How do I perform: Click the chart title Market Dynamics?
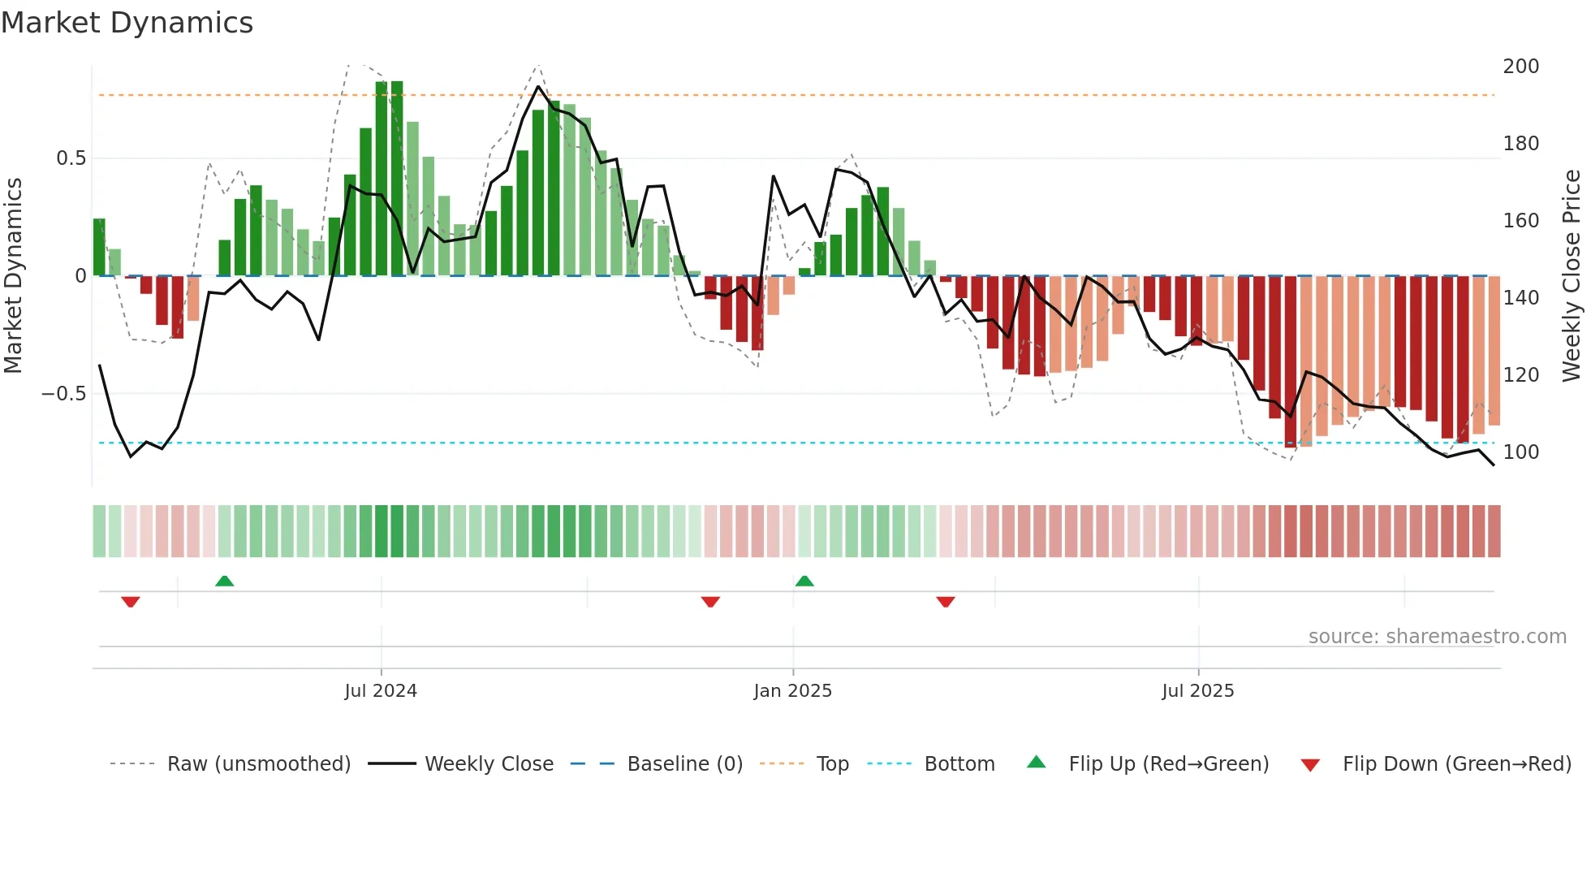click(x=127, y=23)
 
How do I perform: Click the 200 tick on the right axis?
click(x=1520, y=67)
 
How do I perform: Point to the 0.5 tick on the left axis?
click(x=71, y=158)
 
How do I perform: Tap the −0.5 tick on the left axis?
click(x=64, y=394)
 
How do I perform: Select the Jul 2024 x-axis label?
click(x=380, y=691)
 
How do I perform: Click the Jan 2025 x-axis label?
click(x=792, y=691)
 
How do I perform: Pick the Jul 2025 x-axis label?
click(x=1197, y=691)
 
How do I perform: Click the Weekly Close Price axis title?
click(x=1572, y=275)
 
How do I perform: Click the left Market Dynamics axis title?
click(x=13, y=275)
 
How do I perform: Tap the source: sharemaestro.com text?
click(x=1437, y=637)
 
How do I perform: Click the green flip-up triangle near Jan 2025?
click(x=804, y=581)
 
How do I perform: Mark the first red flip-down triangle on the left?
click(x=131, y=602)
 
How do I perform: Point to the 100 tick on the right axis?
click(x=1520, y=452)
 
